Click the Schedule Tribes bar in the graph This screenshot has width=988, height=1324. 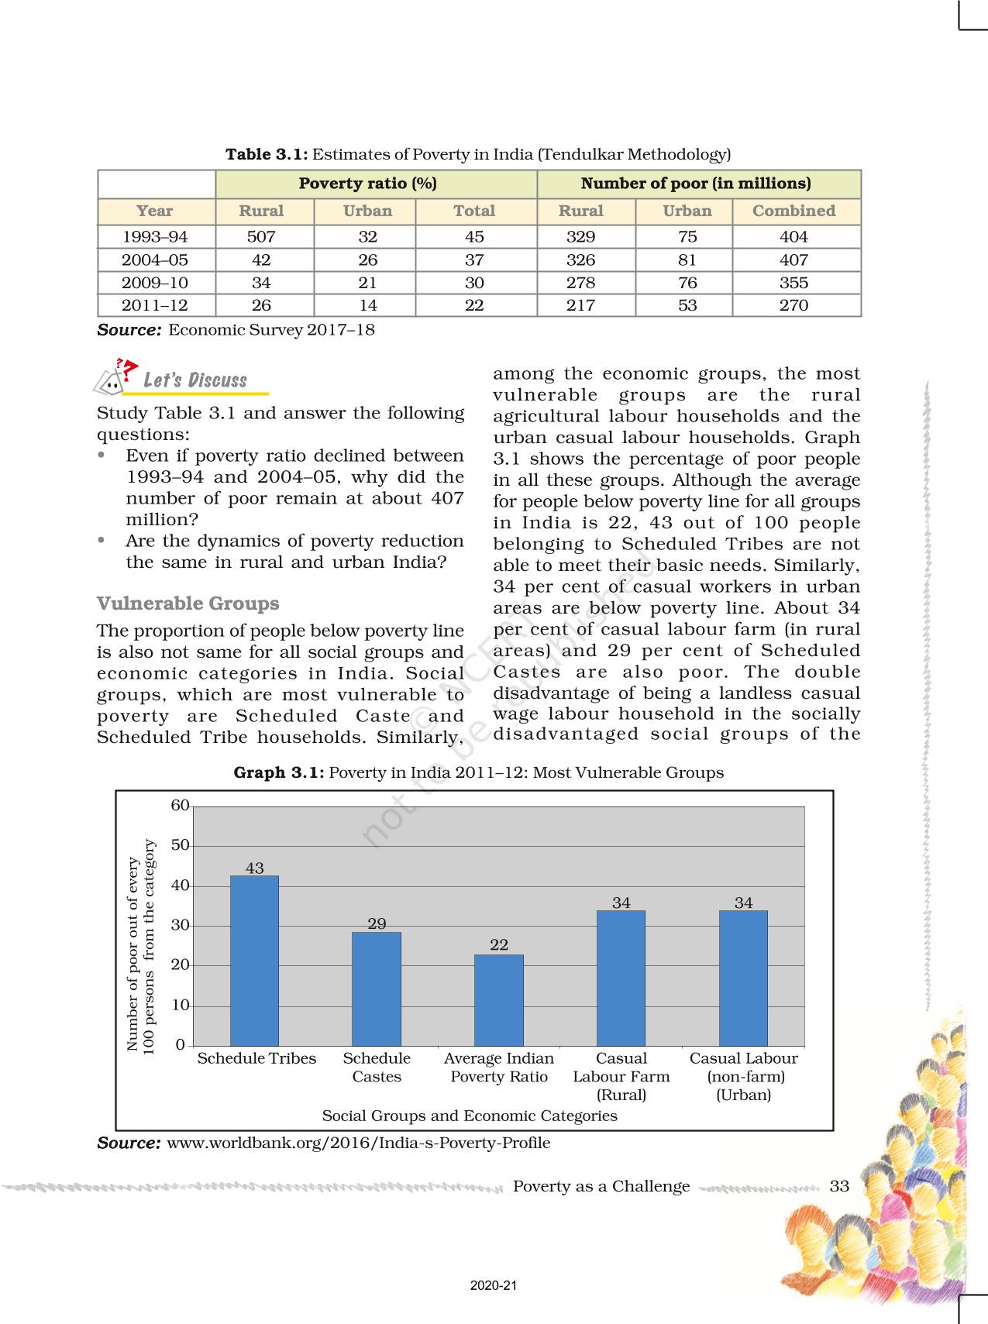[254, 961]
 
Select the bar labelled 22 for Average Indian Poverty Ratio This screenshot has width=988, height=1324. [499, 1000]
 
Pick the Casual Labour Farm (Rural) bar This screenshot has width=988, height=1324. [621, 978]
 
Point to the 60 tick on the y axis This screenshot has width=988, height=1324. [180, 806]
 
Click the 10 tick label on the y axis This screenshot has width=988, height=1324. [180, 1006]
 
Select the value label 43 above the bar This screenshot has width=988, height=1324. [255, 868]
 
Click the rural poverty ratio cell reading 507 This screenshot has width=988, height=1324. [261, 236]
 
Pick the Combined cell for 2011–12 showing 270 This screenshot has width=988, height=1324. [793, 305]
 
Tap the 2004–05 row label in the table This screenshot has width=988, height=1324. [155, 260]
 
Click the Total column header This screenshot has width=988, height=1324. [474, 211]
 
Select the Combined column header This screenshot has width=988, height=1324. [793, 211]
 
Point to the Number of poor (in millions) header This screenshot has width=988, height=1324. [696, 184]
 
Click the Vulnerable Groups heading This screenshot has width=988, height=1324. [188, 604]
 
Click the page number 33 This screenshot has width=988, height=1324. [839, 1186]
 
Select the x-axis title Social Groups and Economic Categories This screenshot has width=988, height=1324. [470, 1116]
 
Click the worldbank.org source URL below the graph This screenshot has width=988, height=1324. [358, 1143]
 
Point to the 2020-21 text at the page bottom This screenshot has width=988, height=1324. [494, 1285]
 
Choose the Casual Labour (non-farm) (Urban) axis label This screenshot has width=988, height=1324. [743, 1076]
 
